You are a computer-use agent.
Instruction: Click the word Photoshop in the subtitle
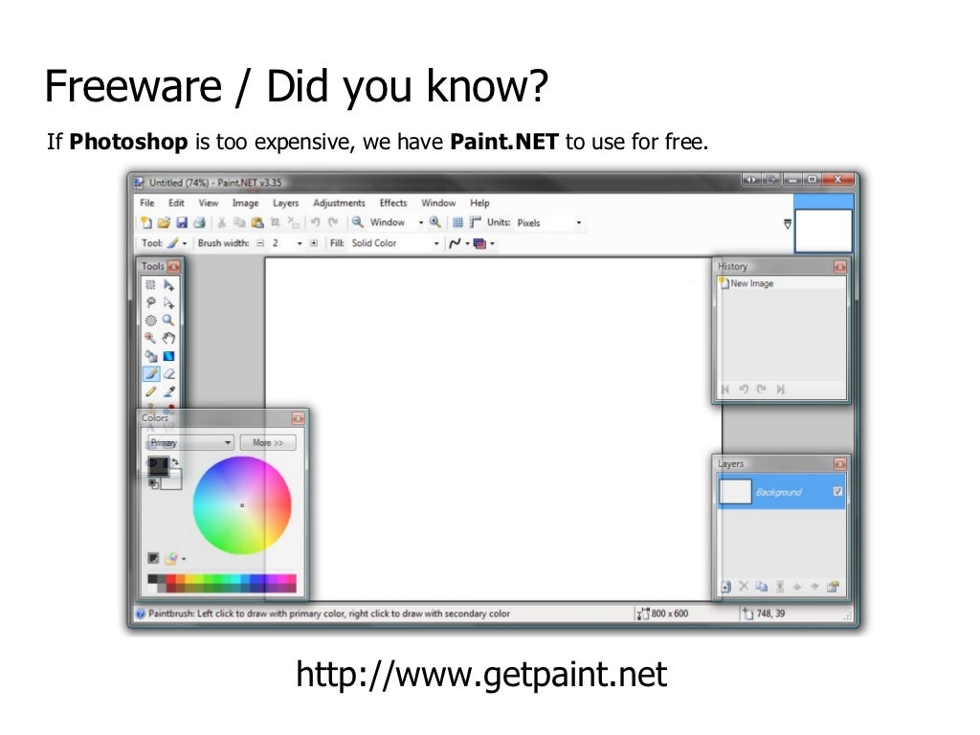pyautogui.click(x=129, y=144)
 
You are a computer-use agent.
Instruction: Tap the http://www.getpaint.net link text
pyautogui.click(x=481, y=675)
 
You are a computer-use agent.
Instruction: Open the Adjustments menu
pyautogui.click(x=339, y=203)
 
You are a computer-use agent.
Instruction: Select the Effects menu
pyautogui.click(x=393, y=203)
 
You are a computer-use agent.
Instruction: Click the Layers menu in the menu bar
pyautogui.click(x=285, y=203)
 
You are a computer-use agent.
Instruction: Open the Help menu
pyautogui.click(x=479, y=203)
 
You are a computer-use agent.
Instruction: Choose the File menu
pyautogui.click(x=146, y=203)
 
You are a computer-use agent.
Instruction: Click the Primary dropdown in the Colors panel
pyautogui.click(x=189, y=443)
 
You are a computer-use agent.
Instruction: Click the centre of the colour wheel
pyautogui.click(x=242, y=505)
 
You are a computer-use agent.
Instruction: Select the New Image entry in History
pyautogui.click(x=751, y=284)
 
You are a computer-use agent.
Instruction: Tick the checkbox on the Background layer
pyautogui.click(x=837, y=492)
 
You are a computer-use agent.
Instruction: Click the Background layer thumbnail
pyautogui.click(x=735, y=492)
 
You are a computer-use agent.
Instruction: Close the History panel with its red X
pyautogui.click(x=839, y=267)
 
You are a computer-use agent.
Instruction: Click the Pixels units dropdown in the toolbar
pyautogui.click(x=548, y=223)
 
